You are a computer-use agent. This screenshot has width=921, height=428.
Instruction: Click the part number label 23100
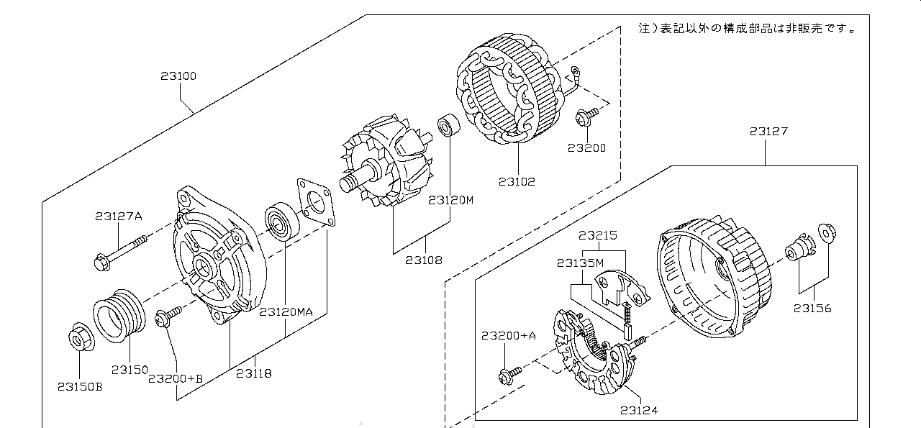178,76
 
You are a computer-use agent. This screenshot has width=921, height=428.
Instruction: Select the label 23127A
119,217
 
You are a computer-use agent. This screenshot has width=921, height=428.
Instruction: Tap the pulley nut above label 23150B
81,337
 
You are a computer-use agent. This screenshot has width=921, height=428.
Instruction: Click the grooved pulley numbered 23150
119,316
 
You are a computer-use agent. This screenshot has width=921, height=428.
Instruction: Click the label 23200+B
176,378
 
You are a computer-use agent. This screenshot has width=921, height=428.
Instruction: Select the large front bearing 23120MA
282,222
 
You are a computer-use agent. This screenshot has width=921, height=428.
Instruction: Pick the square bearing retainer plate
316,202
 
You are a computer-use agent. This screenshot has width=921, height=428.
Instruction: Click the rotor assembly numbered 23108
386,160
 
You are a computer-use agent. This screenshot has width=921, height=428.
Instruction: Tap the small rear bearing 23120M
448,125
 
